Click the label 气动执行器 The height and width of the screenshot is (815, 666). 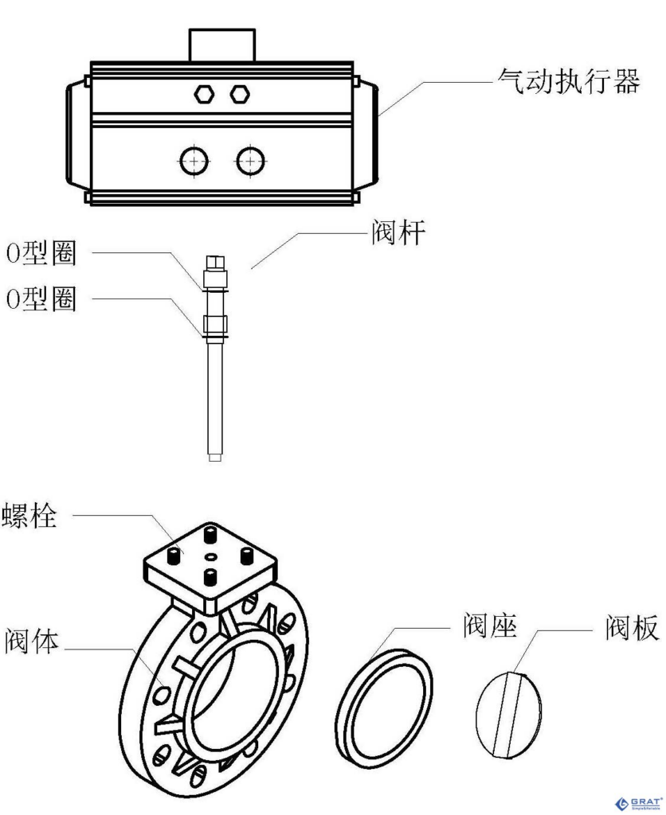[x=567, y=80]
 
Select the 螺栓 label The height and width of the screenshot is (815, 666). [x=29, y=516]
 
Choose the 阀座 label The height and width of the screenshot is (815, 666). [x=490, y=627]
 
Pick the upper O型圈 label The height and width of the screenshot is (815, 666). [x=41, y=254]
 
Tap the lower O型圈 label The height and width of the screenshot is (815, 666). [x=41, y=301]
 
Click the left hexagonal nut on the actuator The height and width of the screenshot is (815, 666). [x=205, y=94]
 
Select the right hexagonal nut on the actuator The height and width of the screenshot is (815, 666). [x=239, y=94]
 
